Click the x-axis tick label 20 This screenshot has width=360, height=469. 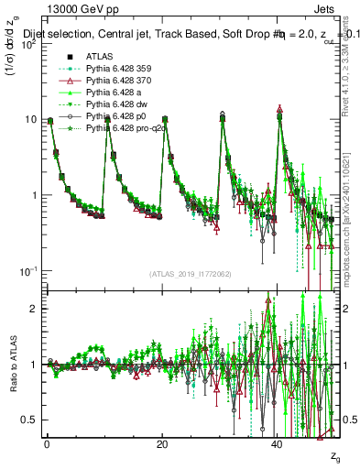[x=162, y=443]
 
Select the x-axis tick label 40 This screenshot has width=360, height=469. [x=278, y=443]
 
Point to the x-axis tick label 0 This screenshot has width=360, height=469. [x=47, y=443]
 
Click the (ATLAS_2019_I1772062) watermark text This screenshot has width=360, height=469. [x=191, y=274]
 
